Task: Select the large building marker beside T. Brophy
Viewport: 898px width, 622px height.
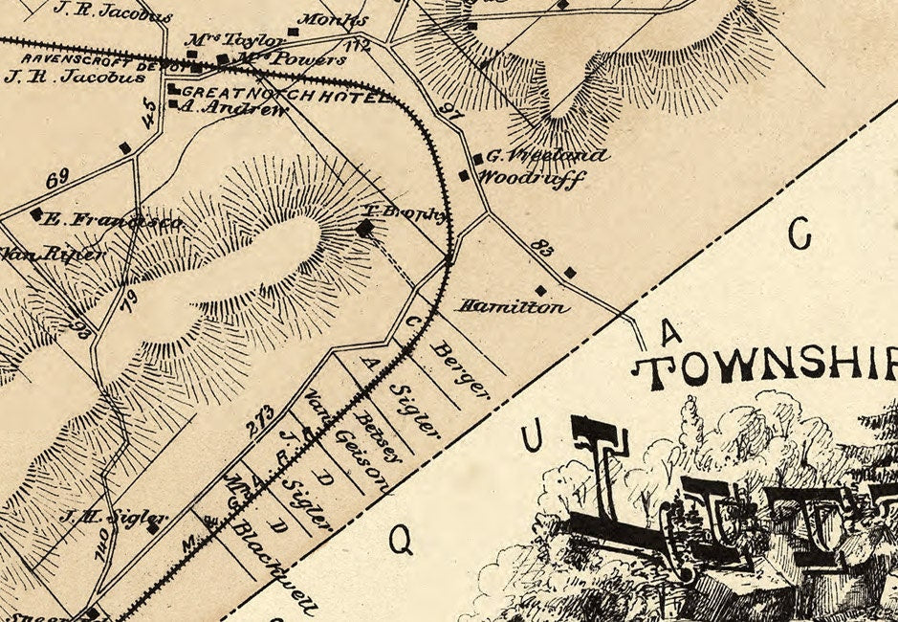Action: pos(364,228)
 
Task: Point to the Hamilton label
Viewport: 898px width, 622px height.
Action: pos(514,307)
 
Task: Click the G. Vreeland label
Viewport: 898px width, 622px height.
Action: pos(547,156)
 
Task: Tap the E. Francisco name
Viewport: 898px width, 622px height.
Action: pos(113,222)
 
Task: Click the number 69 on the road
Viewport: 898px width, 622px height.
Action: pos(57,177)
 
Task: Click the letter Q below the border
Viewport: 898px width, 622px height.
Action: pos(402,542)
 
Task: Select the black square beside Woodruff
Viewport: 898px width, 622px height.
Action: pos(465,176)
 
